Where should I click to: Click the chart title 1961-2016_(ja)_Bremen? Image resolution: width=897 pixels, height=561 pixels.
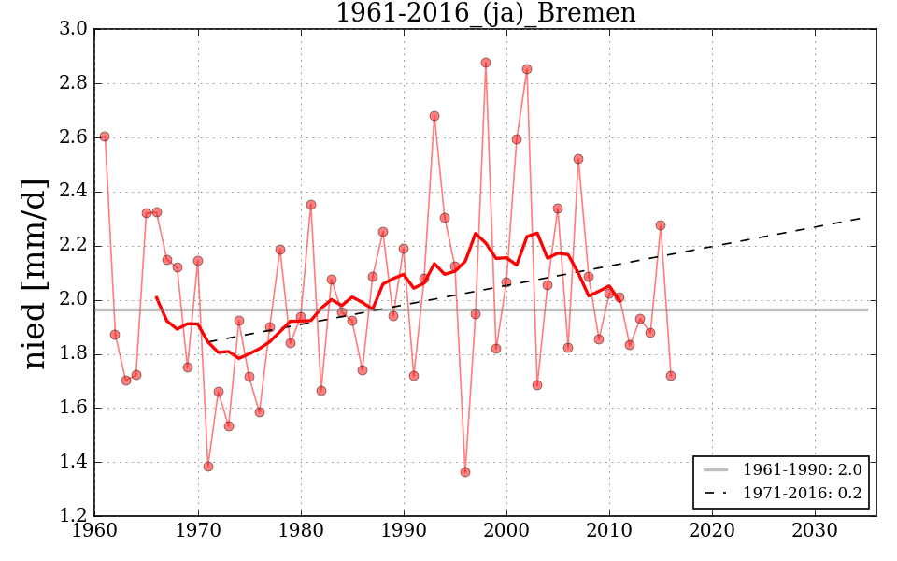point(485,14)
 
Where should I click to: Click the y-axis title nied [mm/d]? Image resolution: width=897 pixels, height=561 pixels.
point(35,273)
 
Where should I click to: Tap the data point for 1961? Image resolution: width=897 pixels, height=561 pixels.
point(105,137)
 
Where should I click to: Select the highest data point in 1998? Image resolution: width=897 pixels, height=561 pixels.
point(486,63)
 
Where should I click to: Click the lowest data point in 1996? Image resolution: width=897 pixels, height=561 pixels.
point(465,472)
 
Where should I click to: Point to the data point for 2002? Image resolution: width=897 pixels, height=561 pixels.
point(527,69)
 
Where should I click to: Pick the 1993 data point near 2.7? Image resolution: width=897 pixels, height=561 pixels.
point(434,116)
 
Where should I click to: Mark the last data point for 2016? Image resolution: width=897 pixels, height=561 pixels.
point(671,376)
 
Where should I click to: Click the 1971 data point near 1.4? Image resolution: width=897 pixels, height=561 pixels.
point(208,467)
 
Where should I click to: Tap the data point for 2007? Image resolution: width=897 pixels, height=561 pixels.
point(578,159)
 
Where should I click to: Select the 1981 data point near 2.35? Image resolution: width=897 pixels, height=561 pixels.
point(311,205)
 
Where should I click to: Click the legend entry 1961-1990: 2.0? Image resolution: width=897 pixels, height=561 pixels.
point(802,469)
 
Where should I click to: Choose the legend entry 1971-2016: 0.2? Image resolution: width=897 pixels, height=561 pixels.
point(802,493)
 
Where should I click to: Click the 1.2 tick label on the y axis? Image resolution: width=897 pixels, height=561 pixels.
point(75,516)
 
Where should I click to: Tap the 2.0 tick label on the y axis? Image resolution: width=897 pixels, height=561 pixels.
point(75,300)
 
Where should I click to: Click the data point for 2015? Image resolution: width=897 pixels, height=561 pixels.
point(661,225)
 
